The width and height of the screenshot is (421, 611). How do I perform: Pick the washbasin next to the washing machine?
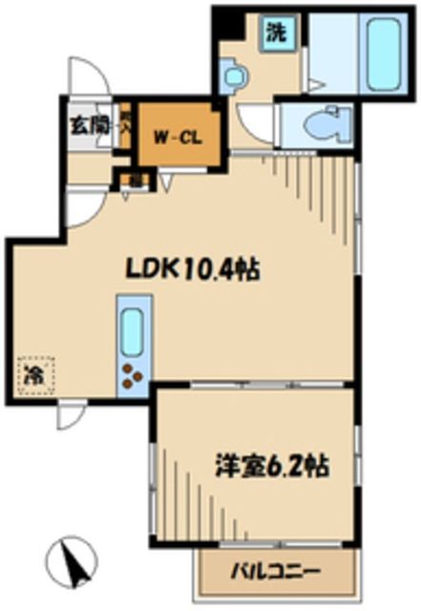234,74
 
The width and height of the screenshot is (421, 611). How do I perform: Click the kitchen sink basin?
132,330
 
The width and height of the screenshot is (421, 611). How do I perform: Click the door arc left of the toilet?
255,124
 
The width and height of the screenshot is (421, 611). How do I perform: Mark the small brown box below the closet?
126,178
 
